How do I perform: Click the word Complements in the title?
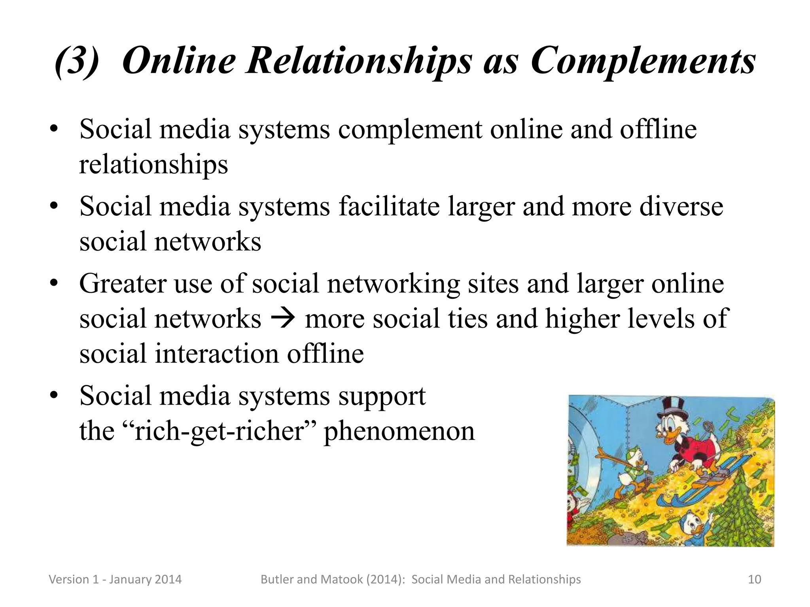point(643,61)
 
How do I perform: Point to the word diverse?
point(681,206)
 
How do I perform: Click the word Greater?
point(123,284)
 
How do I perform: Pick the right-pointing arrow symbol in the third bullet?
point(283,319)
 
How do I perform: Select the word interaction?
point(217,353)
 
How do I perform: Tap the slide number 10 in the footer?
point(755,579)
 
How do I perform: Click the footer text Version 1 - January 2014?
point(115,579)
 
